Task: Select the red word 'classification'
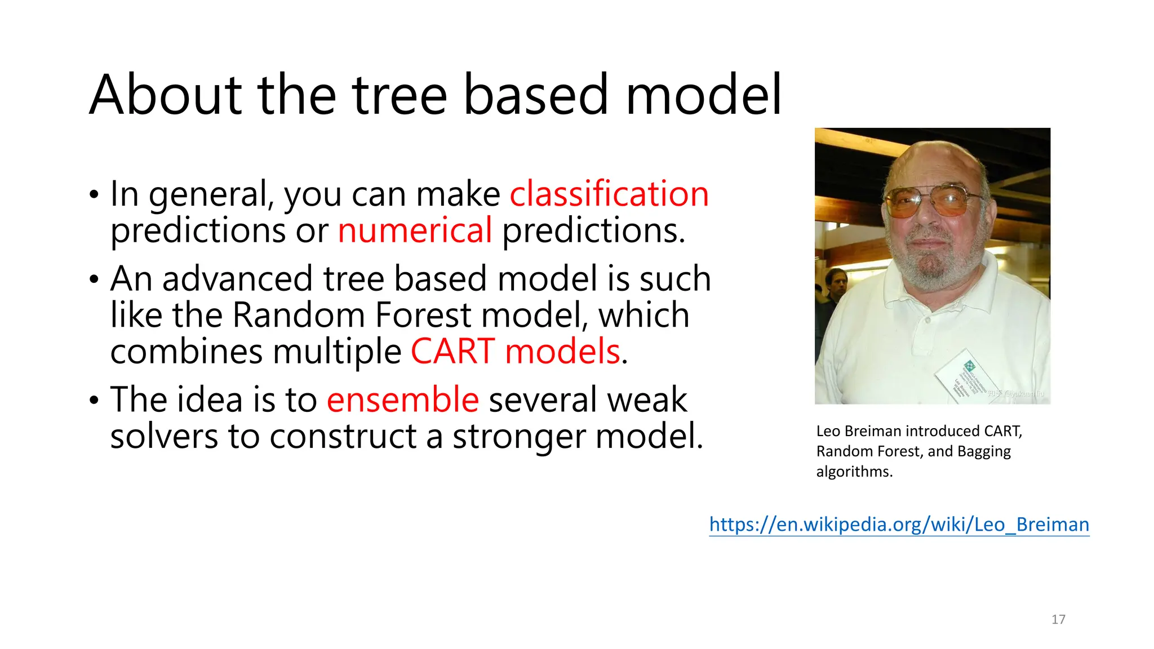coord(609,194)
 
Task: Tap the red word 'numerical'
coord(415,230)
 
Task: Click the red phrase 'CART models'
coord(516,352)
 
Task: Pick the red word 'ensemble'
coord(403,399)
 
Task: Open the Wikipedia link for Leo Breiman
coord(899,524)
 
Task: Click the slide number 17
coord(1058,619)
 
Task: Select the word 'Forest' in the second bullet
coord(423,315)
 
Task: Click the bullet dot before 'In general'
coord(94,195)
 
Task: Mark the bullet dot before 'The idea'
coord(94,401)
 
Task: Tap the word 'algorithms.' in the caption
coord(854,472)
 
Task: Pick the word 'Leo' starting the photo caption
coord(828,431)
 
